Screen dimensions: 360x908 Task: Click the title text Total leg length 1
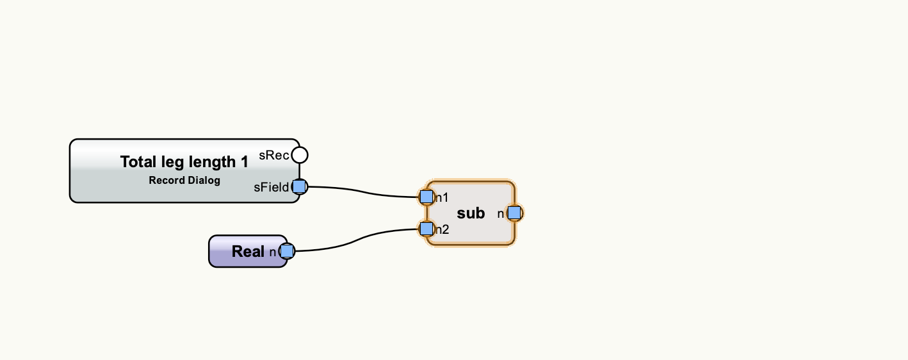click(184, 162)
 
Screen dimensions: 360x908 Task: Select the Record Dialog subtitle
click(184, 180)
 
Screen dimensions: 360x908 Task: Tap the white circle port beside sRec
click(299, 155)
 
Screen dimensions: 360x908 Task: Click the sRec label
click(274, 155)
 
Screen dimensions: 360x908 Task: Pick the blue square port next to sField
click(299, 187)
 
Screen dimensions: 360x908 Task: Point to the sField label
click(271, 188)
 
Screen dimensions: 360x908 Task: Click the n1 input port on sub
click(426, 197)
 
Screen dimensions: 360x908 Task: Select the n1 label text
click(442, 197)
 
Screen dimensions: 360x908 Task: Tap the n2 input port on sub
click(426, 228)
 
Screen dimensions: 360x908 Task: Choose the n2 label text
click(442, 229)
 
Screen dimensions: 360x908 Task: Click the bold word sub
click(471, 213)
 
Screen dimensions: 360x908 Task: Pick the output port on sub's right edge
click(514, 213)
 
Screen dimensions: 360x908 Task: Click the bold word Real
click(248, 251)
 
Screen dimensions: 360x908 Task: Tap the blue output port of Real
click(287, 251)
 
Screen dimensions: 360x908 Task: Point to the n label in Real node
click(272, 252)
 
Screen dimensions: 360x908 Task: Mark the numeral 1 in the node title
click(244, 162)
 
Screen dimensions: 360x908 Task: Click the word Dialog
click(204, 180)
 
